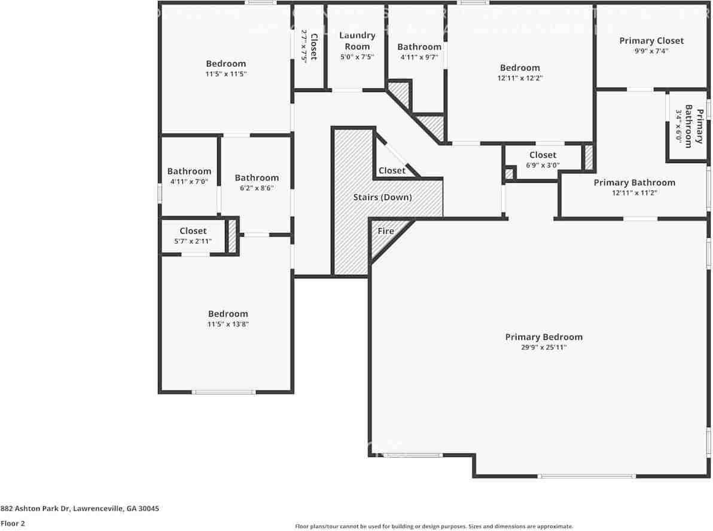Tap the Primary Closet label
651,41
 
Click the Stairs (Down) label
383,197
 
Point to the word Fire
386,231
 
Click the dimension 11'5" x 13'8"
228,324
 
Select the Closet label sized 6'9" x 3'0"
543,155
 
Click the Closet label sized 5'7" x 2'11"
193,231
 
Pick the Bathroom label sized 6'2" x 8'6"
257,178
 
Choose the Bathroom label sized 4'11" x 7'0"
189,171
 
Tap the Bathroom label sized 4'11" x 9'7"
419,47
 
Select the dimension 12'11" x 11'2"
634,193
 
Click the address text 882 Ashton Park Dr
80,509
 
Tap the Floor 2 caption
13,523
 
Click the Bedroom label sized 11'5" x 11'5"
226,64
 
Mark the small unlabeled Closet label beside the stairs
392,171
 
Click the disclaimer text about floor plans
434,526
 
